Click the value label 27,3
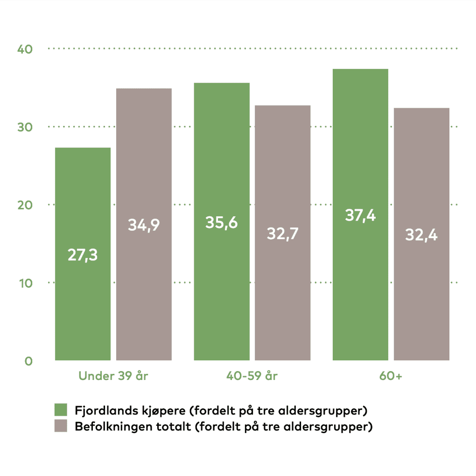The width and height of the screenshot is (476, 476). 83,255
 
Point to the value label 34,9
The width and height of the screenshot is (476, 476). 144,225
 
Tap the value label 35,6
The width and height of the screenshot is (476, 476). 222,222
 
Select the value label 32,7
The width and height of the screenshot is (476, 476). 282,234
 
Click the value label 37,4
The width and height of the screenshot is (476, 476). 360,215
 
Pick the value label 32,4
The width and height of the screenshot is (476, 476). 421,235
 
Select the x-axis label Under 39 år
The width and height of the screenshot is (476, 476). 113,376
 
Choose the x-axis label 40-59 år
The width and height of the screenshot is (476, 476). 252,376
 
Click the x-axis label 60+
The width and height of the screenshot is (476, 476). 391,376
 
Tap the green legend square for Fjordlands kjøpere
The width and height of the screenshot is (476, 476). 61,410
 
